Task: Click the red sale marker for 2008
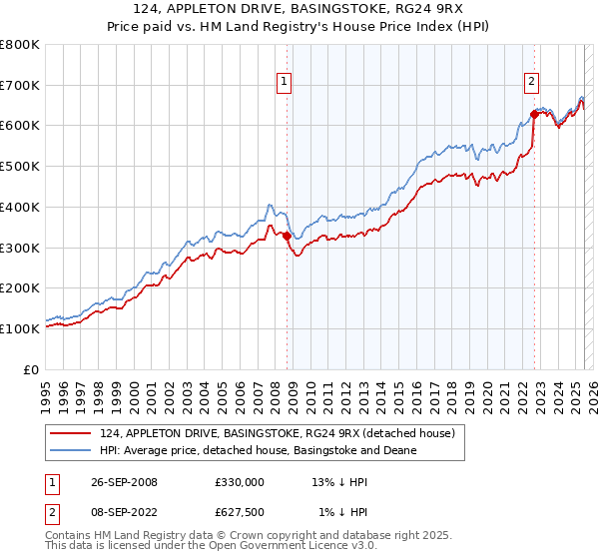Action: click(x=288, y=236)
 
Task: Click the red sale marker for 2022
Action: click(x=534, y=114)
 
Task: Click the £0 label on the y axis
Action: click(x=32, y=369)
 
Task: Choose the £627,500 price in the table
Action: click(x=239, y=512)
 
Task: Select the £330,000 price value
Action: click(x=239, y=481)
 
